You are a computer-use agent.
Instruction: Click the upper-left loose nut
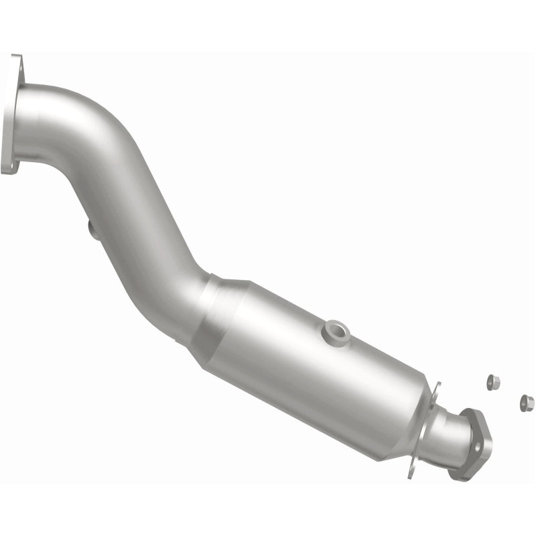point(493,382)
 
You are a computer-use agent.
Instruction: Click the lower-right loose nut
point(527,403)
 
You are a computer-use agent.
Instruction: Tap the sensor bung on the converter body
point(334,330)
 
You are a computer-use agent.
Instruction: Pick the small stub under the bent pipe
point(93,230)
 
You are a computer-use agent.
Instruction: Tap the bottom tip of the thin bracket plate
point(411,476)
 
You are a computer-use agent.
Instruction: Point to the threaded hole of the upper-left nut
point(494,380)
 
